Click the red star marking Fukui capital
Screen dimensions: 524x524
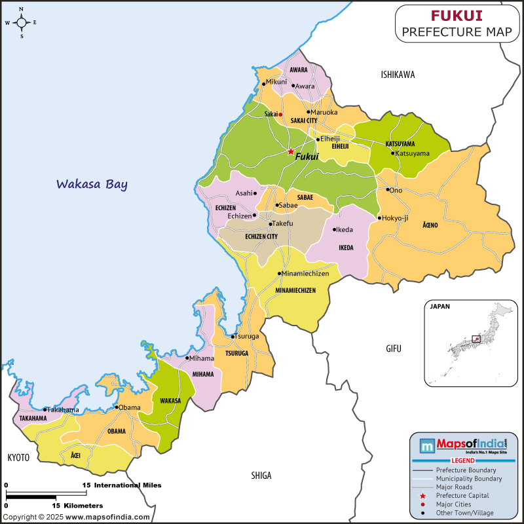click(x=291, y=151)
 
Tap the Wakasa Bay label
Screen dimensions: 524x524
click(x=92, y=184)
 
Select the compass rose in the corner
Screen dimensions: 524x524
click(x=21, y=22)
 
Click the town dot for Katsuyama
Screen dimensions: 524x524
click(x=393, y=153)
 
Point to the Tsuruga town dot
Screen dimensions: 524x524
click(x=233, y=337)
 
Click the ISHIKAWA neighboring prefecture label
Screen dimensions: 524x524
click(x=398, y=75)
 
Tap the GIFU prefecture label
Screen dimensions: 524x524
click(x=393, y=348)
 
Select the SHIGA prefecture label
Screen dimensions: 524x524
click(x=261, y=476)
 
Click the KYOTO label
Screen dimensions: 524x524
click(x=18, y=457)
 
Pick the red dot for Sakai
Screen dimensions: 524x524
click(x=280, y=114)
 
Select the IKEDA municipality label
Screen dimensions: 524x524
click(x=346, y=248)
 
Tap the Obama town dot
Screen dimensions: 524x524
click(x=116, y=407)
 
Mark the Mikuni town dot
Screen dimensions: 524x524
click(x=264, y=83)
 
